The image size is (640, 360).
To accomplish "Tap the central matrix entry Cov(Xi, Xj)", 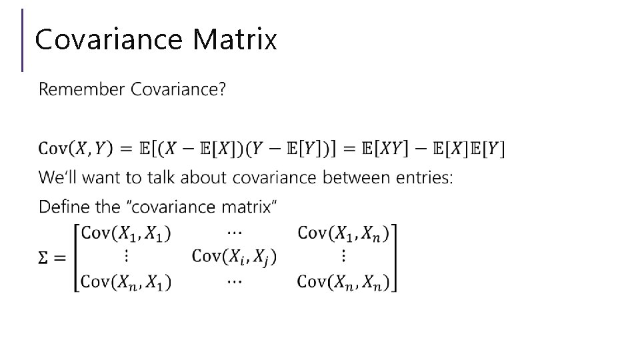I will (234, 257).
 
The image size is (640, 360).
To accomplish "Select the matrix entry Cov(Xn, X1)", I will (125, 281).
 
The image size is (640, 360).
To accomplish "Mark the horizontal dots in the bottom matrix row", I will (234, 281).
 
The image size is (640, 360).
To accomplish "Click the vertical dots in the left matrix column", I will (125, 257).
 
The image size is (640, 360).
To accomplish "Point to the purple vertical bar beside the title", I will (23, 39).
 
